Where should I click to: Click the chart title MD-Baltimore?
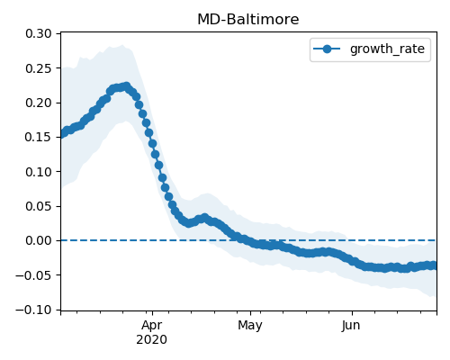(248, 20)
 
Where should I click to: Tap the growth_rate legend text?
(387, 49)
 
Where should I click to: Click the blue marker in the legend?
(327, 49)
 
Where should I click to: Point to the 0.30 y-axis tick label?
(39, 33)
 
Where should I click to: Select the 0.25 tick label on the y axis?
(39, 68)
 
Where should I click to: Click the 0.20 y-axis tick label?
(39, 103)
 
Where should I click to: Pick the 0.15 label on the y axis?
(39, 137)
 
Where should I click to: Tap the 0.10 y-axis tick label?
(39, 172)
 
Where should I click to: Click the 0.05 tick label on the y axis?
(39, 206)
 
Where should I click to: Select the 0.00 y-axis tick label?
(39, 240)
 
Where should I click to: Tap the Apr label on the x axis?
(152, 326)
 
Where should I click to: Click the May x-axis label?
(250, 326)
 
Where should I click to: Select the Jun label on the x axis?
(351, 326)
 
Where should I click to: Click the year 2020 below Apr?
(151, 340)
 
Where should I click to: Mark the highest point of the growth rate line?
(127, 86)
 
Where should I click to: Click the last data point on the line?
(434, 265)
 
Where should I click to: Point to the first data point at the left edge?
(62, 134)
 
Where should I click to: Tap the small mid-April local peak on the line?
(205, 217)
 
